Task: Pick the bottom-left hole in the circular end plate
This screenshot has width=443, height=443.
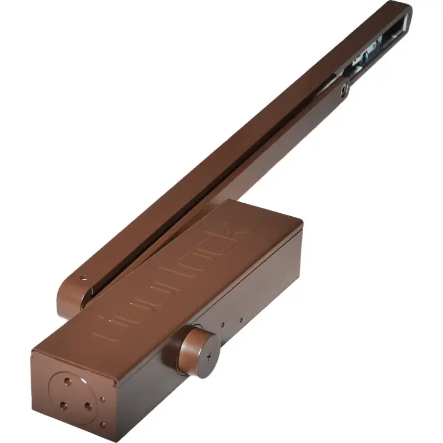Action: (x=63, y=405)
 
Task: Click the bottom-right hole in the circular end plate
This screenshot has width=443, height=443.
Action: (x=87, y=406)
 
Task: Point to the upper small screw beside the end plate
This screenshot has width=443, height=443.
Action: (x=103, y=399)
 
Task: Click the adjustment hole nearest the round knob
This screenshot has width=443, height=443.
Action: (x=223, y=324)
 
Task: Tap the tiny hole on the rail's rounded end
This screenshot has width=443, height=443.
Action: (x=85, y=276)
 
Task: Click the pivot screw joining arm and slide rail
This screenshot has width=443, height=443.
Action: (x=344, y=89)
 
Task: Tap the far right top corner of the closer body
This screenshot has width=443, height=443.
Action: (x=302, y=222)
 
